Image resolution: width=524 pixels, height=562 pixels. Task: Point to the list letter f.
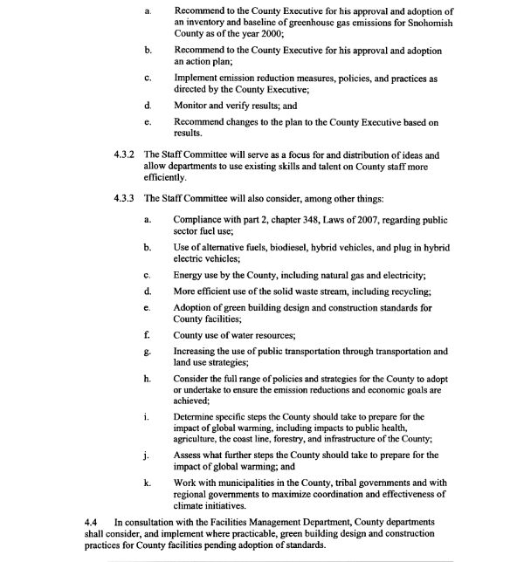(x=148, y=335)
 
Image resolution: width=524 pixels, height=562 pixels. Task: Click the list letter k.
(x=148, y=483)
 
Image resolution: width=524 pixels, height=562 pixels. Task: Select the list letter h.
(x=148, y=379)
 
